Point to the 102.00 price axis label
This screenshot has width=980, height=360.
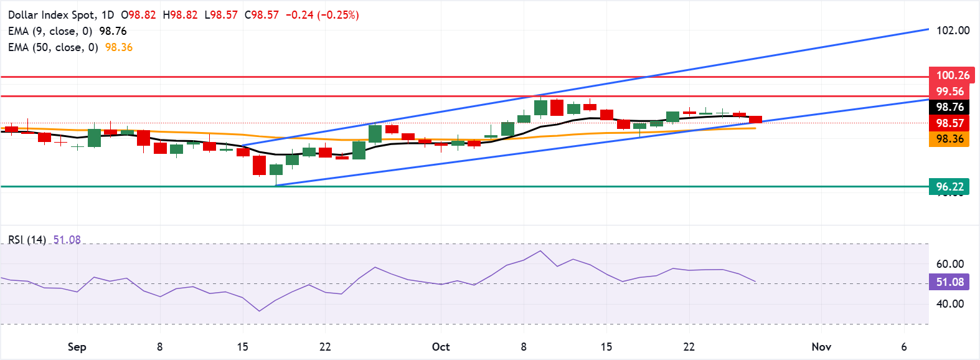tap(953, 31)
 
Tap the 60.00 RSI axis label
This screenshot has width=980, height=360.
tap(949, 264)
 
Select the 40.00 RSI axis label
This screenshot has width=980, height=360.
tap(949, 304)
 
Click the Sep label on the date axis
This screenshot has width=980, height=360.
tap(77, 347)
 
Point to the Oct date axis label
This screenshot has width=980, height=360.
tap(441, 347)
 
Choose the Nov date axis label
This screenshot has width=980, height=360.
tap(821, 347)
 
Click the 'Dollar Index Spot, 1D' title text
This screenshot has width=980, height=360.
tap(61, 15)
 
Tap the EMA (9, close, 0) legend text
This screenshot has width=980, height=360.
tap(50, 31)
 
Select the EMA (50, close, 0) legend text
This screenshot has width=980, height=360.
tap(53, 47)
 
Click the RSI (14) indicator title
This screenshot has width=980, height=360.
tap(27, 240)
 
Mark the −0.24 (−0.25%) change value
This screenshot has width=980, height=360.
tap(322, 15)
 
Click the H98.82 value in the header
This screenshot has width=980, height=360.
tap(180, 15)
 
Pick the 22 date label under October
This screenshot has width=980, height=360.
tap(689, 347)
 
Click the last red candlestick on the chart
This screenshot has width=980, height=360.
tap(755, 119)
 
